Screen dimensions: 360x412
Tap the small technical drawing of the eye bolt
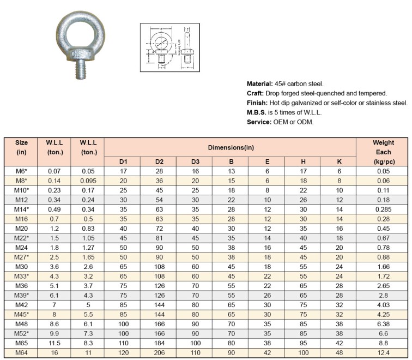(167, 47)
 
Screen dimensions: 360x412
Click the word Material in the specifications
(259, 84)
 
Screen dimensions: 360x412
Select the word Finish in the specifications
(256, 103)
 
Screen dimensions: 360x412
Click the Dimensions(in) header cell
(230, 147)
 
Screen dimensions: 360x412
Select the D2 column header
(159, 161)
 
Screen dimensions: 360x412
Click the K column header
(339, 161)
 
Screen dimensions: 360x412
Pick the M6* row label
(22, 171)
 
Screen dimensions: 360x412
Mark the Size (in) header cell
(22, 147)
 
